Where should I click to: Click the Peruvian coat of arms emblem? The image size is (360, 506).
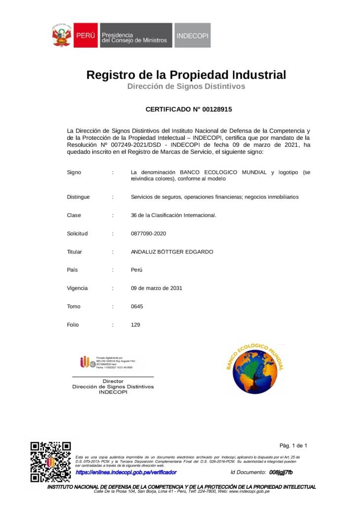click(x=61, y=36)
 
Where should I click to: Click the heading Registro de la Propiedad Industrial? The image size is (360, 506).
click(x=186, y=75)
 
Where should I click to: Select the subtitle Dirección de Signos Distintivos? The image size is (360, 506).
click(x=186, y=86)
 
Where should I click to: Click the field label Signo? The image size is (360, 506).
click(x=74, y=172)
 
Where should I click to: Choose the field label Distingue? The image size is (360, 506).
click(x=78, y=197)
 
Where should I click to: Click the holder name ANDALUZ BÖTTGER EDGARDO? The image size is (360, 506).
click(x=172, y=252)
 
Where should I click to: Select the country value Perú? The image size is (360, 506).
click(x=136, y=270)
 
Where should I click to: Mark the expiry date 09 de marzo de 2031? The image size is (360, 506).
click(x=156, y=288)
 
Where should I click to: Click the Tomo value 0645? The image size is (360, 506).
click(x=137, y=306)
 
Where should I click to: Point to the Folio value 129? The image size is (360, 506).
click(x=135, y=325)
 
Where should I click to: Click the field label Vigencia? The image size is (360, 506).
click(x=77, y=288)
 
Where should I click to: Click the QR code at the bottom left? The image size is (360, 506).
click(x=50, y=461)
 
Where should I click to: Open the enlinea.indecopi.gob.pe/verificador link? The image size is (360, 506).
click(x=126, y=473)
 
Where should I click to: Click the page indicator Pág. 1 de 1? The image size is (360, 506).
click(x=293, y=445)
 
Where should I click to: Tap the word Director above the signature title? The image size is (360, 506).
click(x=113, y=381)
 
